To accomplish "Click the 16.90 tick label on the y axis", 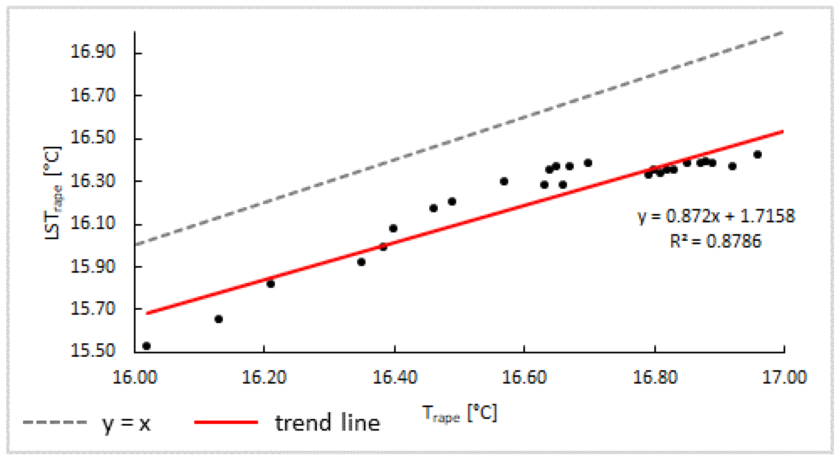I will pyautogui.click(x=93, y=52).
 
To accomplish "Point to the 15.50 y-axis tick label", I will pyautogui.click(x=93, y=350).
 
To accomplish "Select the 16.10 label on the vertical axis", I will pyautogui.click(x=93, y=223).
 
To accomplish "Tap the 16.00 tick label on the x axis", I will pyautogui.click(x=135, y=377).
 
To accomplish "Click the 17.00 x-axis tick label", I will pyautogui.click(x=785, y=377).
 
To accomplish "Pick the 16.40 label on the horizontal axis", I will pyautogui.click(x=395, y=377).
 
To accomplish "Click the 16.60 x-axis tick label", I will pyautogui.click(x=524, y=377).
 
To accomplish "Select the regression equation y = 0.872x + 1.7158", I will pyautogui.click(x=716, y=216).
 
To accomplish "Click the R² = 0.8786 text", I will pyautogui.click(x=715, y=242).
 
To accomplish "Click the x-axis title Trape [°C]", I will pyautogui.click(x=460, y=413).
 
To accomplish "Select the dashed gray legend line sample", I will pyautogui.click(x=54, y=422).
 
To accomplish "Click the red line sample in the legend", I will pyautogui.click(x=226, y=422).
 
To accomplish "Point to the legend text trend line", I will pyautogui.click(x=327, y=423).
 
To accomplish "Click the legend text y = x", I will pyautogui.click(x=126, y=423).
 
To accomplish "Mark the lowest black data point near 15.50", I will pyautogui.click(x=146, y=346).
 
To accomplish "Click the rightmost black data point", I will pyautogui.click(x=757, y=155).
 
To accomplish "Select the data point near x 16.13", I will pyautogui.click(x=218, y=319).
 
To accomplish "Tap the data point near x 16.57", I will pyautogui.click(x=504, y=181).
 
